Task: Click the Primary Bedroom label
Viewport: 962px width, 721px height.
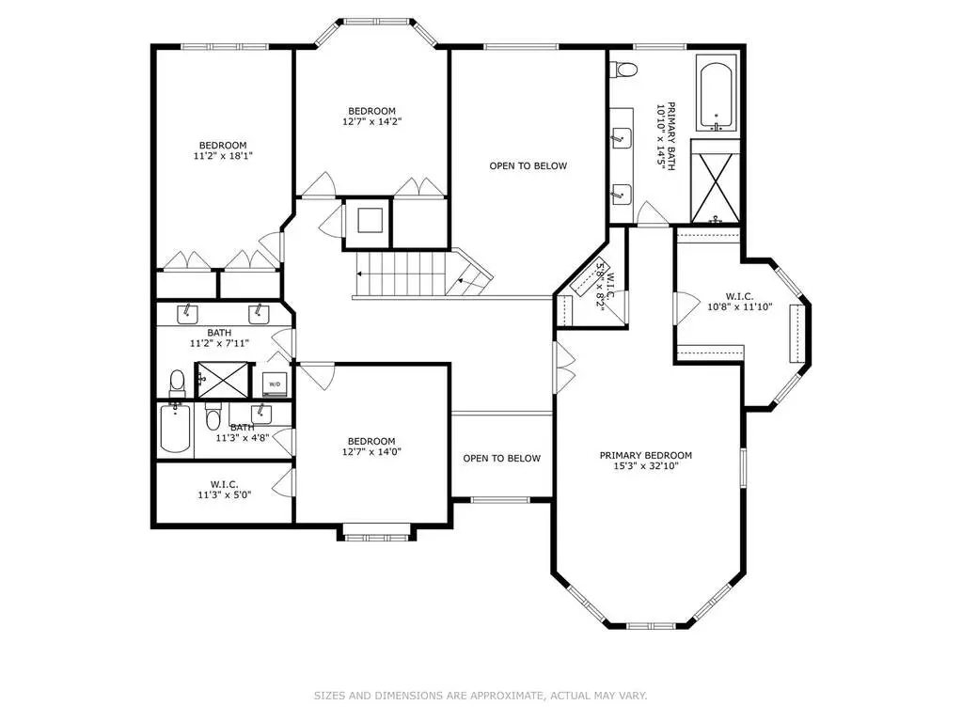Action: [645, 456]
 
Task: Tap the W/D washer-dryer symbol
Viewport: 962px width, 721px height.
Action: [275, 384]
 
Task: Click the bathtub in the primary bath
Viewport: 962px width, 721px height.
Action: [716, 93]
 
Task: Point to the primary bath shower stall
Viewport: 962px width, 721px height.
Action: [716, 181]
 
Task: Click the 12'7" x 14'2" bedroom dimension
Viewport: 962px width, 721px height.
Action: [371, 121]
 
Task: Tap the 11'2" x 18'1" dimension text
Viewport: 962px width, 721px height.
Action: [223, 156]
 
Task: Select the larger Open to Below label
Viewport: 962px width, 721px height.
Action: [528, 165]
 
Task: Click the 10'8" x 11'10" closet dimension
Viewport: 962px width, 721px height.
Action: [739, 306]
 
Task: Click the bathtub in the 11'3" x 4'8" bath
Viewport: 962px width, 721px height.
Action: [176, 427]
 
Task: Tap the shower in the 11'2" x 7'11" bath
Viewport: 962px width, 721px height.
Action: [222, 380]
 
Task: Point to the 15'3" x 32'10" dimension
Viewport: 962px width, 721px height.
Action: [645, 466]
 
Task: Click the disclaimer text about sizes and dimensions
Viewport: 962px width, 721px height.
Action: [481, 696]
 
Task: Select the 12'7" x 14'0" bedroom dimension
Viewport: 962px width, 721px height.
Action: [371, 452]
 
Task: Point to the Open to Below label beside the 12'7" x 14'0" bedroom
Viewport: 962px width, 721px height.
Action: [502, 458]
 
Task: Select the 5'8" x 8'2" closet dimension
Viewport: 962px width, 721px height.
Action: [602, 287]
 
